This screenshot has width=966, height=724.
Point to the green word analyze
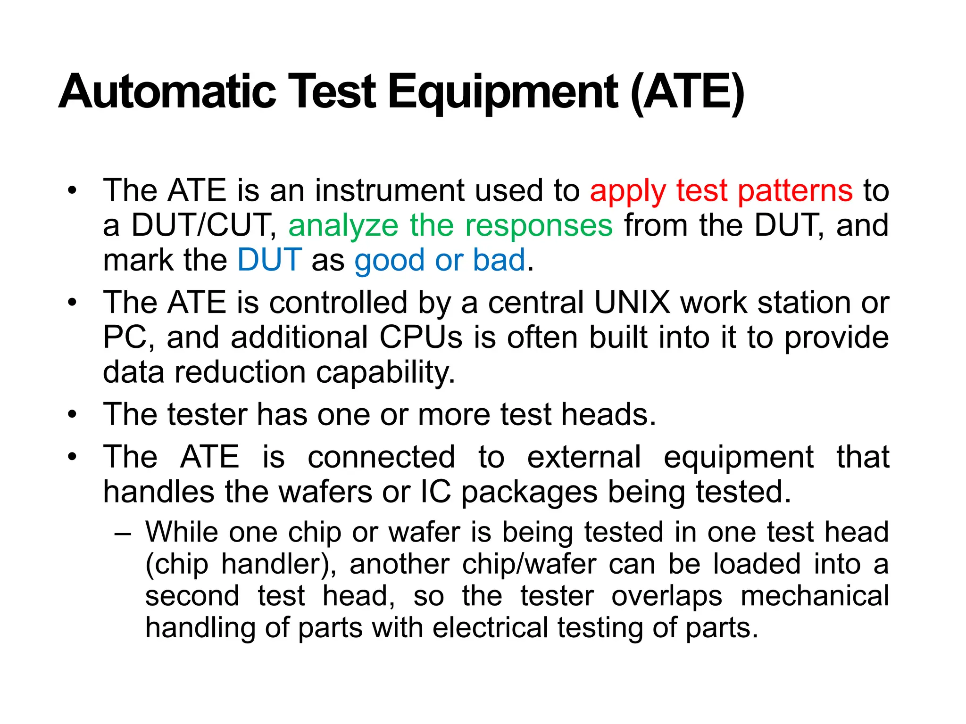pyautogui.click(x=343, y=226)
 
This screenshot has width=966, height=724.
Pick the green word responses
pyautogui.click(x=539, y=225)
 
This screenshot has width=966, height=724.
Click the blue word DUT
pyautogui.click(x=269, y=260)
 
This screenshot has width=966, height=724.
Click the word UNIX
pyautogui.click(x=632, y=302)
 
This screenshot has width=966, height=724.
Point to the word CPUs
pyautogui.click(x=421, y=337)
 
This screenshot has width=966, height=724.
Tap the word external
pyautogui.click(x=584, y=457)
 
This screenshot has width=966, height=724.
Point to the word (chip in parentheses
pyautogui.click(x=177, y=565)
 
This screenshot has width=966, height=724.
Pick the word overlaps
pyautogui.click(x=666, y=596)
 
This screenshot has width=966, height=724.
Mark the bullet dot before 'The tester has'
pyautogui.click(x=72, y=415)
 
